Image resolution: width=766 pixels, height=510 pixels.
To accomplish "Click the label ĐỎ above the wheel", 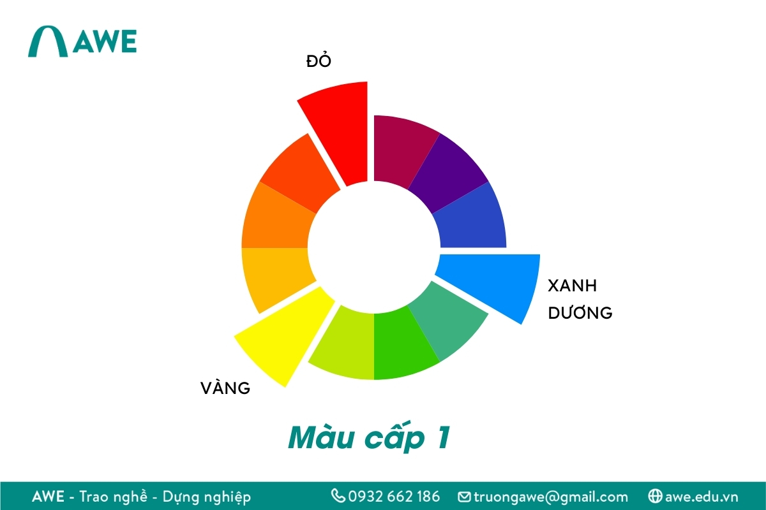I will point(319,62).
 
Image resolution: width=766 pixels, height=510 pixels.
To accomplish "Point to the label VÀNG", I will point(225,388).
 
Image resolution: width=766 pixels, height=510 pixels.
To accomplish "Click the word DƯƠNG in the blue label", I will point(580,313).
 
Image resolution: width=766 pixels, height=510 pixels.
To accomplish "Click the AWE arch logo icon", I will point(48,42).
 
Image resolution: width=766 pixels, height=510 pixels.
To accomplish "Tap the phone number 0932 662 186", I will point(393,496).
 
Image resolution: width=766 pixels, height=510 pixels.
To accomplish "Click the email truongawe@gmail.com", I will point(551,496).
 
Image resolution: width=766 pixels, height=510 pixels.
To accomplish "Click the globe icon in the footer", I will point(654,495).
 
